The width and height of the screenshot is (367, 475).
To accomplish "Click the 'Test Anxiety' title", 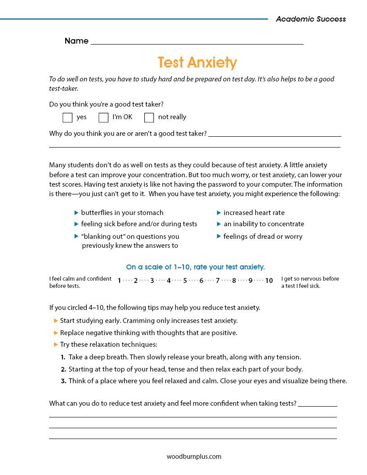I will [x=197, y=62].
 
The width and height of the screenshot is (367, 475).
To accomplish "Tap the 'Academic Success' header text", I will [x=311, y=19].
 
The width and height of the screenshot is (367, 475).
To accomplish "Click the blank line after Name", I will [x=197, y=41].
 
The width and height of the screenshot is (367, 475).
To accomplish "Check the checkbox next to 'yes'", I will [x=67, y=117].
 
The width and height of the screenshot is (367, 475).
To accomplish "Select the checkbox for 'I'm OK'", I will [x=103, y=117].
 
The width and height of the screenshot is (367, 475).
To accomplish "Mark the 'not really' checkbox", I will [x=149, y=117].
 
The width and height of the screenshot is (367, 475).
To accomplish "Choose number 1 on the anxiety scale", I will [x=120, y=281].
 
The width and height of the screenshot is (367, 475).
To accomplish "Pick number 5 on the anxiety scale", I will [x=185, y=281].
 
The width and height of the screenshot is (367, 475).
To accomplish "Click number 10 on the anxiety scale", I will [x=269, y=281].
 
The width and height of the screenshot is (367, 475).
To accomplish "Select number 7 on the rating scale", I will [x=218, y=281].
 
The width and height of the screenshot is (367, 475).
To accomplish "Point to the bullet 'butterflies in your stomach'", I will [x=122, y=213].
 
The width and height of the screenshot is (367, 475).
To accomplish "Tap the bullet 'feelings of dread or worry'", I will [x=263, y=237].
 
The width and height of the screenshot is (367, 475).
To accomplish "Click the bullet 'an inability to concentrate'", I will [x=264, y=224].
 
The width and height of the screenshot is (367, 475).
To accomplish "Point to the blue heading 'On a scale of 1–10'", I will [x=195, y=267].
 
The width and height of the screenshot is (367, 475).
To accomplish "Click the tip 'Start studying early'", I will [x=148, y=321].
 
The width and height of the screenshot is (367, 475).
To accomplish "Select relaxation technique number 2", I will [x=185, y=369].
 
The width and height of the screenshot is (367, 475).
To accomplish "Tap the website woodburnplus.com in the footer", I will [x=194, y=456].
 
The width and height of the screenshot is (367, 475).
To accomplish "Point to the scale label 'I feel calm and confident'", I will [x=80, y=279].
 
